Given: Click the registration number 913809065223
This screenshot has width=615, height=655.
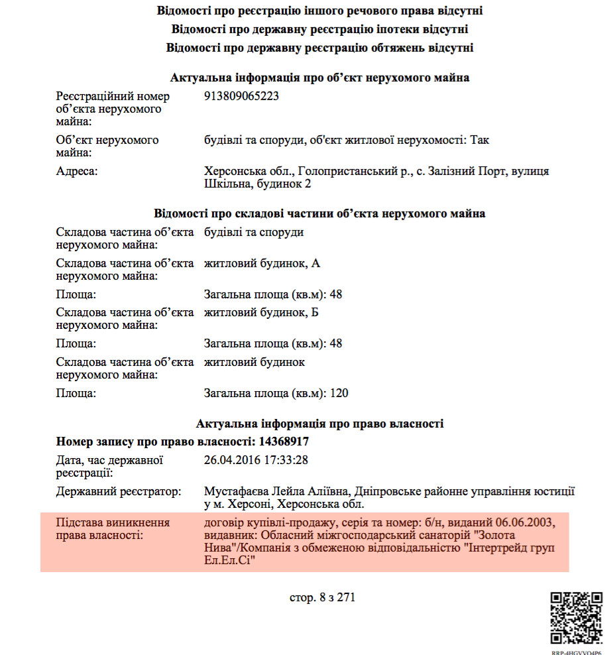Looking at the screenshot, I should click(242, 96).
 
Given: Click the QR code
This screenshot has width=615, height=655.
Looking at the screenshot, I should click(577, 617).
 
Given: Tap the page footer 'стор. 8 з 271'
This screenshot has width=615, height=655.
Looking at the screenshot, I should click(323, 597).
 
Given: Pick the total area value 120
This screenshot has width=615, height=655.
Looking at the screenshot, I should click(339, 393).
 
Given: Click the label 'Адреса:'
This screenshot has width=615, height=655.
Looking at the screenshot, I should click(77, 172).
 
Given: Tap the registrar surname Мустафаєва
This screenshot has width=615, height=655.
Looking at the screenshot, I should click(235, 492).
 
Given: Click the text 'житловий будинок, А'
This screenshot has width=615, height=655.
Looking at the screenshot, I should click(262, 264).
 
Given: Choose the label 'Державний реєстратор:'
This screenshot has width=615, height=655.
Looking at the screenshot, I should click(119, 492).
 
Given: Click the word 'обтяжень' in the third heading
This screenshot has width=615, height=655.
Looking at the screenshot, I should click(382, 48).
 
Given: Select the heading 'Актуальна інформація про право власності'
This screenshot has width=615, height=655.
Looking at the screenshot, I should click(320, 424).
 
